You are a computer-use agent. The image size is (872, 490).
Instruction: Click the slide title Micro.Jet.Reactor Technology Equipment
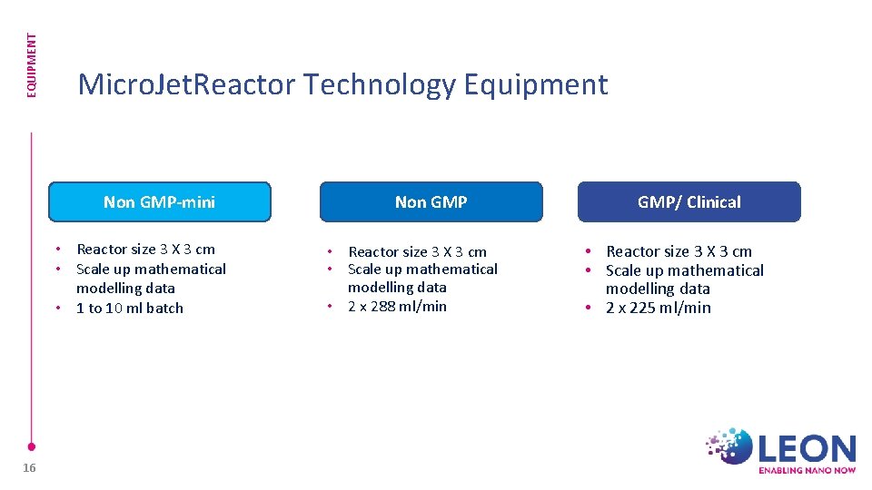click(x=342, y=84)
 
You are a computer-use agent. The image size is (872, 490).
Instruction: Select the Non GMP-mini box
click(x=159, y=201)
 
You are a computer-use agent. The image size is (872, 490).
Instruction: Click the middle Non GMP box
click(x=431, y=201)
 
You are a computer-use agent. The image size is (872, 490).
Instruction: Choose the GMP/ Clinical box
click(x=689, y=201)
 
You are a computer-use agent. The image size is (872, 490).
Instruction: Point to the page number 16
click(x=29, y=466)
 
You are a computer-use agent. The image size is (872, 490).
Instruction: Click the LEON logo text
click(x=807, y=448)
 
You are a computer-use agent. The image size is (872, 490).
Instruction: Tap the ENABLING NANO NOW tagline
click(x=807, y=470)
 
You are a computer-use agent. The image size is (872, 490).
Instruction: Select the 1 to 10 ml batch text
click(x=130, y=308)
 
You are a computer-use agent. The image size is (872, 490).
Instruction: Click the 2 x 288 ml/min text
click(x=397, y=306)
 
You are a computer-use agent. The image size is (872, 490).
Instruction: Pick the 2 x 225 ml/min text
click(x=659, y=308)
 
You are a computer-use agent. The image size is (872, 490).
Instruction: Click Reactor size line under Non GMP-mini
click(x=145, y=249)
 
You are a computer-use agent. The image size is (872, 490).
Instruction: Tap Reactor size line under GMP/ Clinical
click(x=679, y=251)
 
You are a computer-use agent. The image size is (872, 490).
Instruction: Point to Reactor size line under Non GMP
click(x=417, y=251)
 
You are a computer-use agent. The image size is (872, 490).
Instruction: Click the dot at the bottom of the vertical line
click(x=31, y=446)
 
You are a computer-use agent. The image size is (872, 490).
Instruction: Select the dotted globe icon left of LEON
click(x=730, y=446)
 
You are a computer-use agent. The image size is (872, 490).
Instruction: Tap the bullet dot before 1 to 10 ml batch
click(x=58, y=309)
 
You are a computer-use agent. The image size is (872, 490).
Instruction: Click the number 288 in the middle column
click(x=382, y=306)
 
